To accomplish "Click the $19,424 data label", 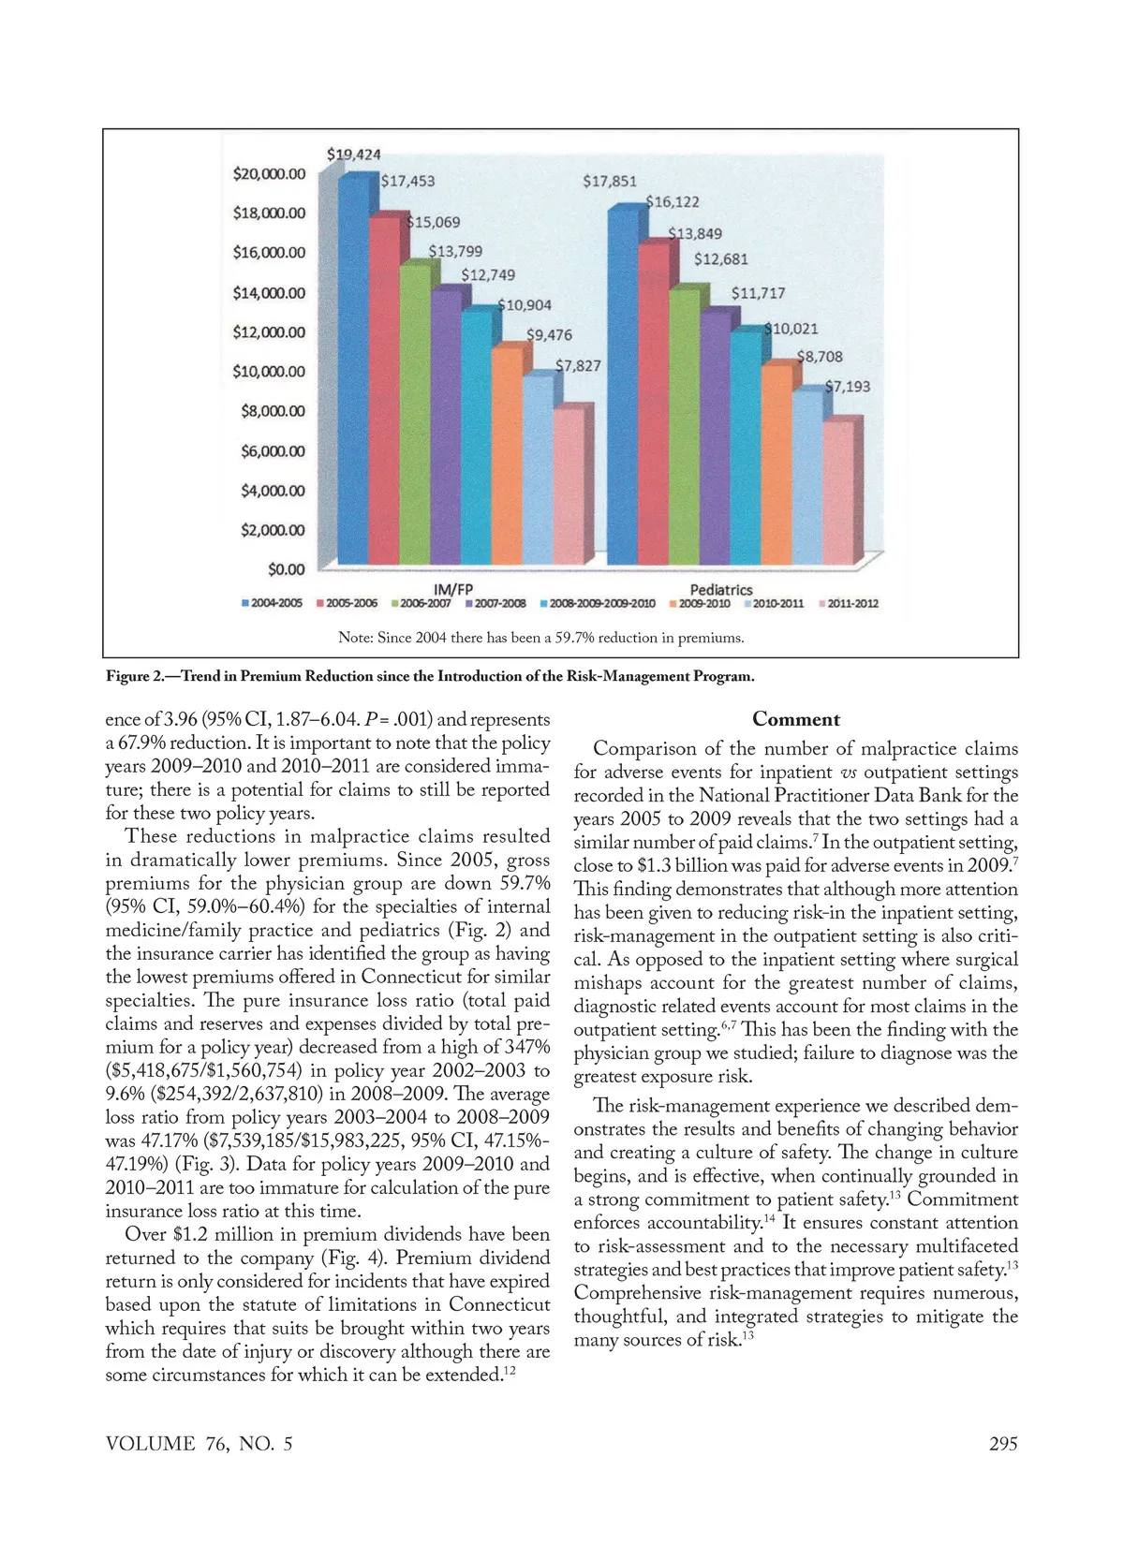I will (x=353, y=154).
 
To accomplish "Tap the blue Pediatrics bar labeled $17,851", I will (x=623, y=384).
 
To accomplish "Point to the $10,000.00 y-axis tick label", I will (x=269, y=372).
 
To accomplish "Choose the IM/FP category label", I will (x=454, y=589).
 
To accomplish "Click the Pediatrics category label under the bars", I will (x=721, y=589).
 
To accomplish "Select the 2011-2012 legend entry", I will (x=849, y=604).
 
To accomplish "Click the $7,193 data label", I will (x=847, y=387).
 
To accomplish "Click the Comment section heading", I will (x=796, y=719).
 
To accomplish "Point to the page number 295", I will (x=1003, y=1443).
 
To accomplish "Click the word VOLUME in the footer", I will (x=151, y=1443).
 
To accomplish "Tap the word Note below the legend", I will (x=355, y=638).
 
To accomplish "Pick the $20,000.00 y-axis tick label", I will (x=269, y=174).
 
